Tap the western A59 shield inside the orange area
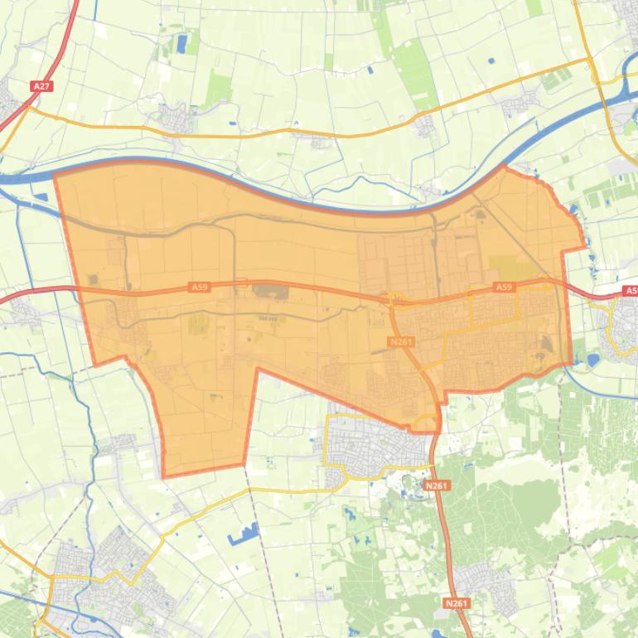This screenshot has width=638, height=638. click(199, 287)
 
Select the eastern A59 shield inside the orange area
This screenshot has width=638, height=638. click(503, 287)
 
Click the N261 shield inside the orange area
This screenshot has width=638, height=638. click(401, 341)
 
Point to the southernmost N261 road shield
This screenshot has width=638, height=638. click(456, 603)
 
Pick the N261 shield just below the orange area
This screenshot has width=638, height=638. click(436, 485)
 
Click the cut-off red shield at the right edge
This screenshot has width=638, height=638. click(631, 291)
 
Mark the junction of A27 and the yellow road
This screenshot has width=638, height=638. click(30, 108)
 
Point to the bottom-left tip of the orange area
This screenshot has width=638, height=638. click(164, 476)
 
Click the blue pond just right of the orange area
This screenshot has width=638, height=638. click(593, 360)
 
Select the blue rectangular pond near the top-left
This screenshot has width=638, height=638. click(181, 43)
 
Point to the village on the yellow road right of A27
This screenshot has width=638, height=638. click(176, 118)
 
